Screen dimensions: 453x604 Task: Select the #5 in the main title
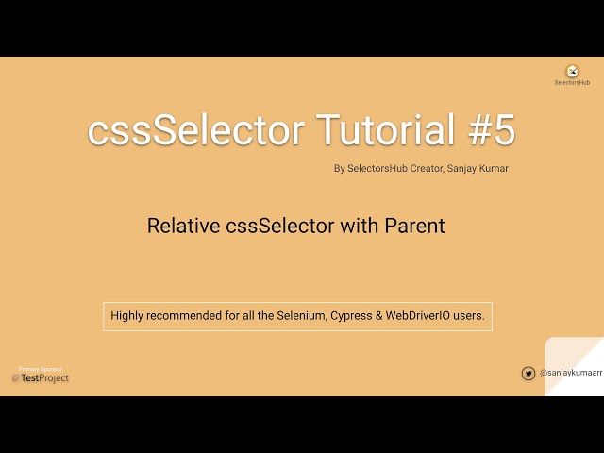click(x=492, y=130)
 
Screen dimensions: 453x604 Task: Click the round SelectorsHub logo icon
click(x=572, y=72)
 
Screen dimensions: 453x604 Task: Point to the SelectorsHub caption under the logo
click(x=572, y=83)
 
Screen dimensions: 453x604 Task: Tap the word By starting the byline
click(x=340, y=169)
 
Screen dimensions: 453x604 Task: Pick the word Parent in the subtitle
click(x=413, y=226)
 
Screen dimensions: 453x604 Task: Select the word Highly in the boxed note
click(x=128, y=316)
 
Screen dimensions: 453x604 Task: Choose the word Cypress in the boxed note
click(x=351, y=316)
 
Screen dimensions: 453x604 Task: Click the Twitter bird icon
click(x=528, y=374)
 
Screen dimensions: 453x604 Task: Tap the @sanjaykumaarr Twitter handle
click(x=571, y=374)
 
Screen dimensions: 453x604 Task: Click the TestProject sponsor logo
click(x=41, y=378)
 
